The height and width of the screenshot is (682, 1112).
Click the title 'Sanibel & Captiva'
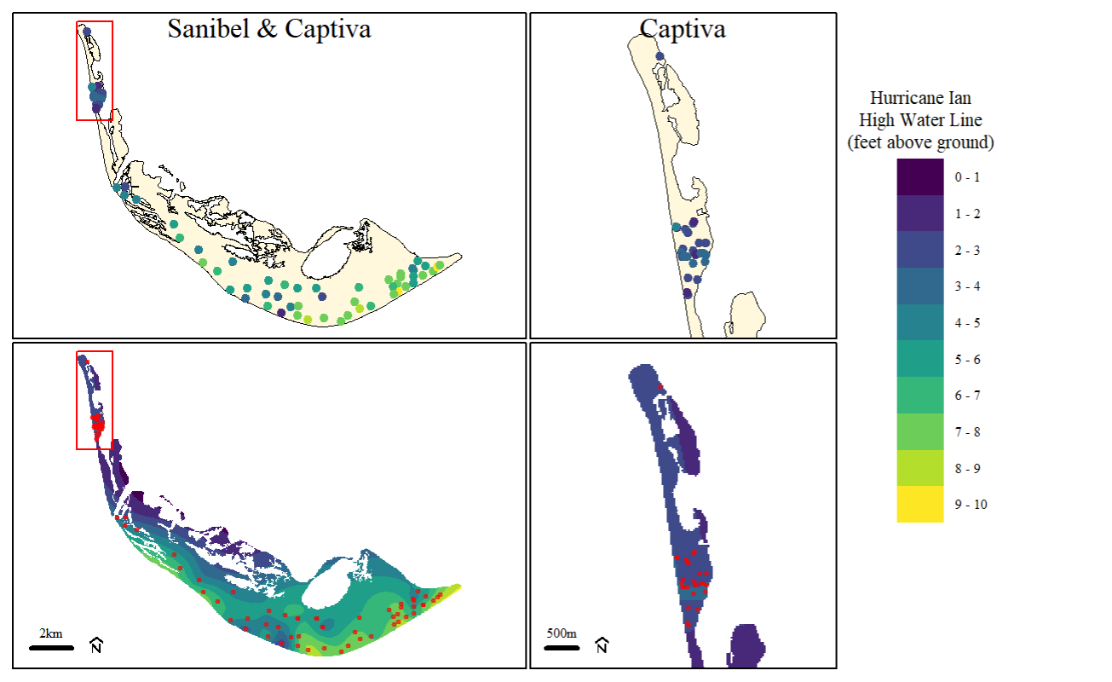269,29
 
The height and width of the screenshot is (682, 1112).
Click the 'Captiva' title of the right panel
682,29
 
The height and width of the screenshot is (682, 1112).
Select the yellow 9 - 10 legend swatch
920,504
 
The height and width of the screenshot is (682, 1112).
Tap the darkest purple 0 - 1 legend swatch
920,176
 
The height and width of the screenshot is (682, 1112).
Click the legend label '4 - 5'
967,323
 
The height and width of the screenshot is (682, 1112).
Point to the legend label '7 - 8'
967,432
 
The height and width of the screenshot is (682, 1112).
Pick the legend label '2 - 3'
967,251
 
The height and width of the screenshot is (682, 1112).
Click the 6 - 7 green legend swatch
920,396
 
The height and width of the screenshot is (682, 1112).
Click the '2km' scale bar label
50,633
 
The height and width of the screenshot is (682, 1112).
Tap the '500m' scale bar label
562,633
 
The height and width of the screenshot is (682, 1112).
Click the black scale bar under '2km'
52,648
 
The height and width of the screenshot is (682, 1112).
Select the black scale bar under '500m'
562,648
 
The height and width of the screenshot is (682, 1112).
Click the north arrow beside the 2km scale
96,645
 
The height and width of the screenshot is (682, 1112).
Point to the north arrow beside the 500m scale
602,645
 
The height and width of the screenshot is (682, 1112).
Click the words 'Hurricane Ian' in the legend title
920,98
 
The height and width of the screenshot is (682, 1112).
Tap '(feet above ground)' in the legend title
920,142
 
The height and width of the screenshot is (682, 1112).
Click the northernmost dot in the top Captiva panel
660,56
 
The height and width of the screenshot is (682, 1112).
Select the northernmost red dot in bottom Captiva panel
660,386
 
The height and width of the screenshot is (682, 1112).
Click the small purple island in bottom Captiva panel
746,645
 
